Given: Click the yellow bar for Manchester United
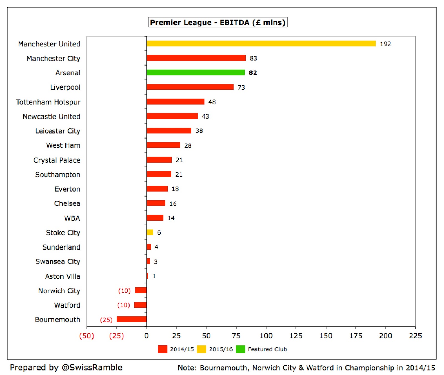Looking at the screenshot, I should [261, 44].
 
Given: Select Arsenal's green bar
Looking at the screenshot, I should [196, 72].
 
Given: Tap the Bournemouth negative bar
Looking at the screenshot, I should [131, 319].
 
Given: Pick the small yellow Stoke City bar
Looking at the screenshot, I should [150, 232].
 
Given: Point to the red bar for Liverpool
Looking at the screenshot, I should [190, 87].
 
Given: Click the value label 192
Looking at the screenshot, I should [385, 44].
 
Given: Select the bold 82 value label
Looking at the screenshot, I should [253, 73].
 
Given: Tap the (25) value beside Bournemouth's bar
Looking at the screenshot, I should [106, 320].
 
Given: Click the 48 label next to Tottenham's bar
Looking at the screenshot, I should [212, 102].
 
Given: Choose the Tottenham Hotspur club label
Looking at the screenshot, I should [48, 102].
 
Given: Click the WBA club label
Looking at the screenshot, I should [72, 218].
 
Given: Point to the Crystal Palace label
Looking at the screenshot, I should [57, 160].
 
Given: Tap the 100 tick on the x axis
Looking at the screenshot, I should [266, 336].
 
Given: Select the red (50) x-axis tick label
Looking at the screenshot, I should [87, 336].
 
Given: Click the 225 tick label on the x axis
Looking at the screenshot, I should [415, 336].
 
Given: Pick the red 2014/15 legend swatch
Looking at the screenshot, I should [162, 349].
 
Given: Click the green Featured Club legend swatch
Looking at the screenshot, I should [240, 349].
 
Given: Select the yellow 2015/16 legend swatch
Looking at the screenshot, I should [201, 349].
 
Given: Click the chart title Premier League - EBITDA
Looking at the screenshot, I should [218, 22].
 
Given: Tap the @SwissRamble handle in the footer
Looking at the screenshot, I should [92, 368].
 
